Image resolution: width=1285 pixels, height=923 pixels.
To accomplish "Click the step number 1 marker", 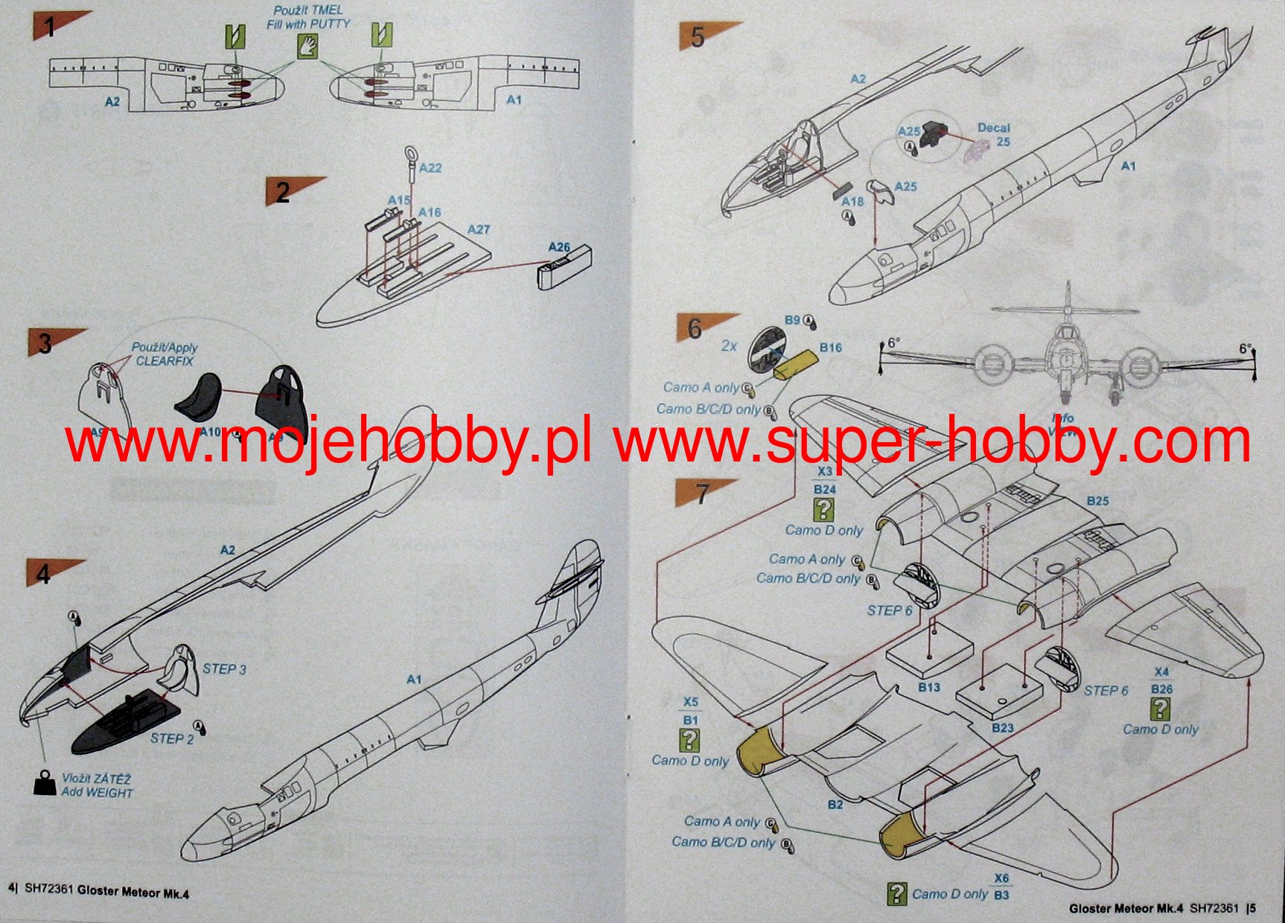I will [50, 28].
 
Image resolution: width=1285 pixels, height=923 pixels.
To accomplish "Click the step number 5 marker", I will [697, 36].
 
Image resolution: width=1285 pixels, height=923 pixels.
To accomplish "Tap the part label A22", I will [430, 168].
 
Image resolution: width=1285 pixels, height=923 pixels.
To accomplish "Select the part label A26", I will [559, 247].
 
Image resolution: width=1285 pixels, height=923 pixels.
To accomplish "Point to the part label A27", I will [479, 229].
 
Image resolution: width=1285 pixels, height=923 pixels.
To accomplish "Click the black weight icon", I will [45, 782].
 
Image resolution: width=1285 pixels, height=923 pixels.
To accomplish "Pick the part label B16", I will [830, 348].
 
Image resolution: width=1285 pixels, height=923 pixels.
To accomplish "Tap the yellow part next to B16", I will [795, 365].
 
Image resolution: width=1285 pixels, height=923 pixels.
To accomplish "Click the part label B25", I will [1097, 501].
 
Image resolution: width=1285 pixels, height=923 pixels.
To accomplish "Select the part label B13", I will [928, 687].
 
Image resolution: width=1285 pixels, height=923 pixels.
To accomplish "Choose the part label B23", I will [1003, 727].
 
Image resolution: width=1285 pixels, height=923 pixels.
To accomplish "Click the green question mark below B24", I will [823, 510].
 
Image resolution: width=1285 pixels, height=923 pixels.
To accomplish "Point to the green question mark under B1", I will [690, 740].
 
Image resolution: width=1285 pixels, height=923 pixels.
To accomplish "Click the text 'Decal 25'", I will [994, 135].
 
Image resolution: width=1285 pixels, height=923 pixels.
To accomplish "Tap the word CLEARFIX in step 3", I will [165, 361].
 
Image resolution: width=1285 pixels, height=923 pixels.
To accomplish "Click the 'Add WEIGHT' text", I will [98, 793].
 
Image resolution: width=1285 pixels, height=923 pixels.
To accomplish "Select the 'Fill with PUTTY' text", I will [308, 24].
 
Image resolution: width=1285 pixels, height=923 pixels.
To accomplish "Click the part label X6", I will [1001, 878].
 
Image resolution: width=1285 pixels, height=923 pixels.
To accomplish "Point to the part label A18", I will [852, 201].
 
